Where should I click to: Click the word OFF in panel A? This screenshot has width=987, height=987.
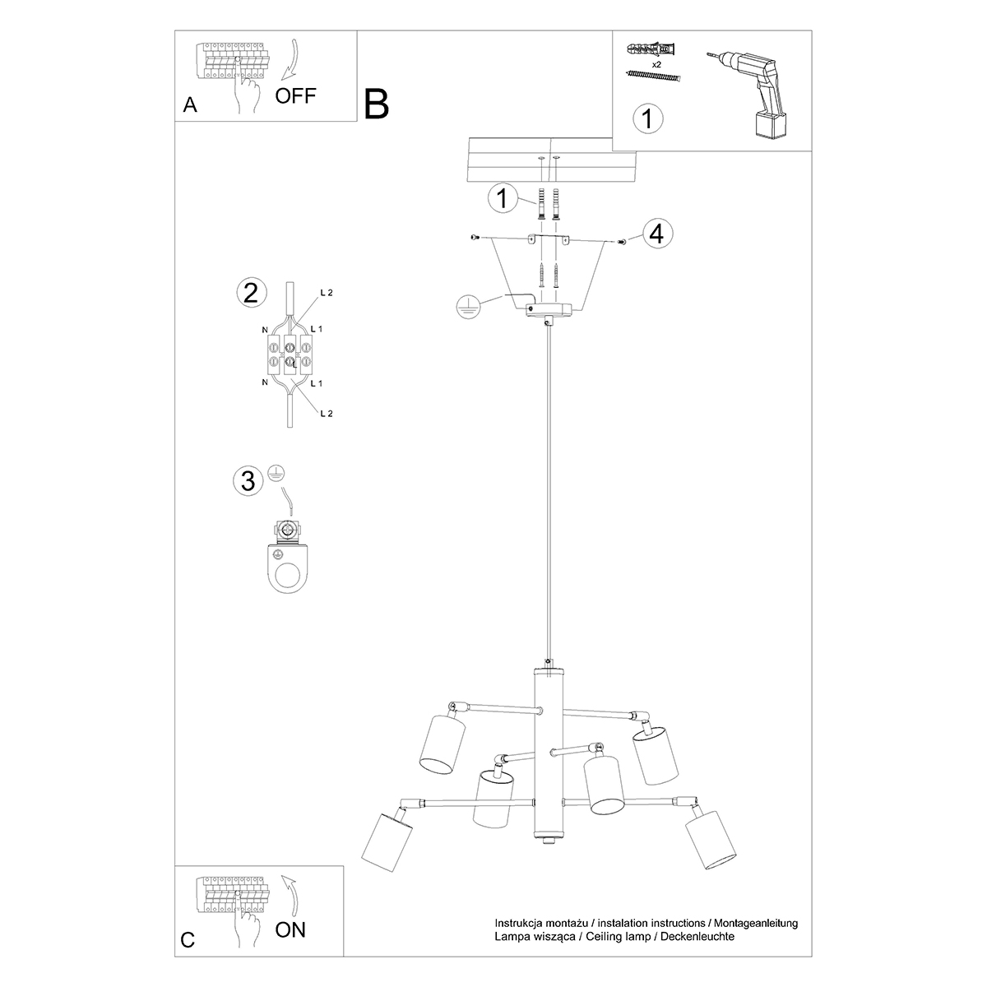(x=295, y=95)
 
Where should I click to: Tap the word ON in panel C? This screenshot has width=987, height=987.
(x=290, y=930)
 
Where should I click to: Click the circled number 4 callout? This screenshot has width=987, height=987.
(x=655, y=234)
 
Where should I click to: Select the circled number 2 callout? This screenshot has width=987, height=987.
(x=251, y=292)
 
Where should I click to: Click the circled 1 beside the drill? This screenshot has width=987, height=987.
(x=648, y=118)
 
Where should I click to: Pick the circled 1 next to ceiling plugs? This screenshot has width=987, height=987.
(x=502, y=197)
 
